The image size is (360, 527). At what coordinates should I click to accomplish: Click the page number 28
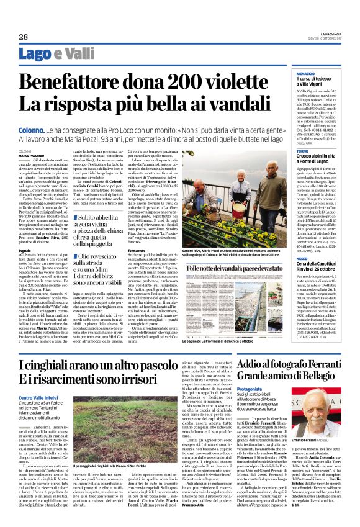24,37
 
